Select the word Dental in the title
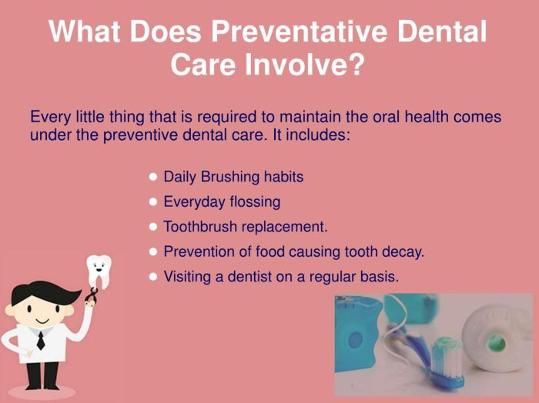tap(450, 32)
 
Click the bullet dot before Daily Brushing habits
tap(153, 177)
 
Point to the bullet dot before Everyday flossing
tap(153, 202)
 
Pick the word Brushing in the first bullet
tap(229, 177)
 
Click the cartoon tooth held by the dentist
tap(98, 270)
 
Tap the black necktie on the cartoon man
tap(40, 339)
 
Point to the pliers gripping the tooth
tap(93, 298)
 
